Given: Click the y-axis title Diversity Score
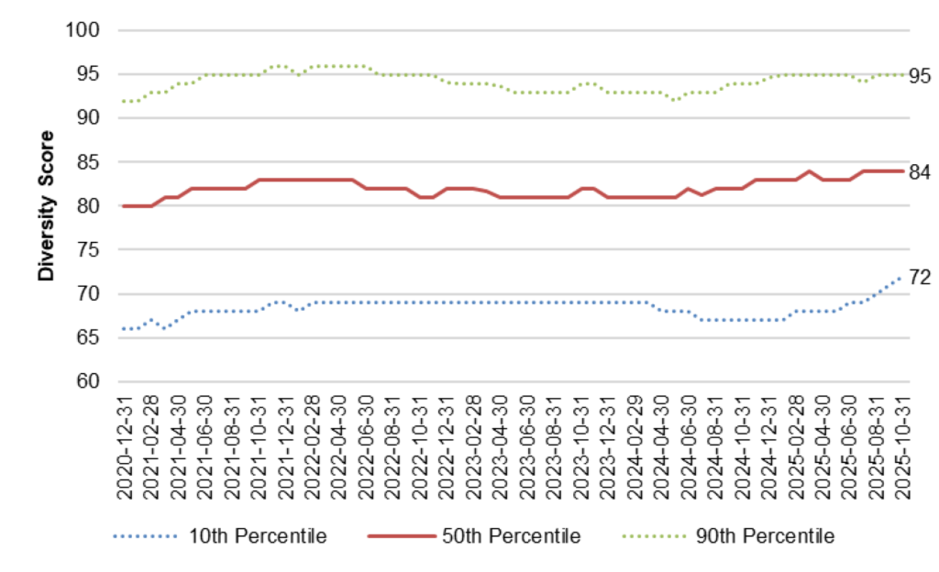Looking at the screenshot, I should click(x=44, y=205).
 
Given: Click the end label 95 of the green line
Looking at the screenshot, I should click(x=920, y=76).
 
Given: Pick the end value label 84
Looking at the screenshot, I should click(x=920, y=171).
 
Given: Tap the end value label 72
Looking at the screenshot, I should click(x=920, y=278).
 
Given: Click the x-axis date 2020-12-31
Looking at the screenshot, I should click(x=126, y=447).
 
